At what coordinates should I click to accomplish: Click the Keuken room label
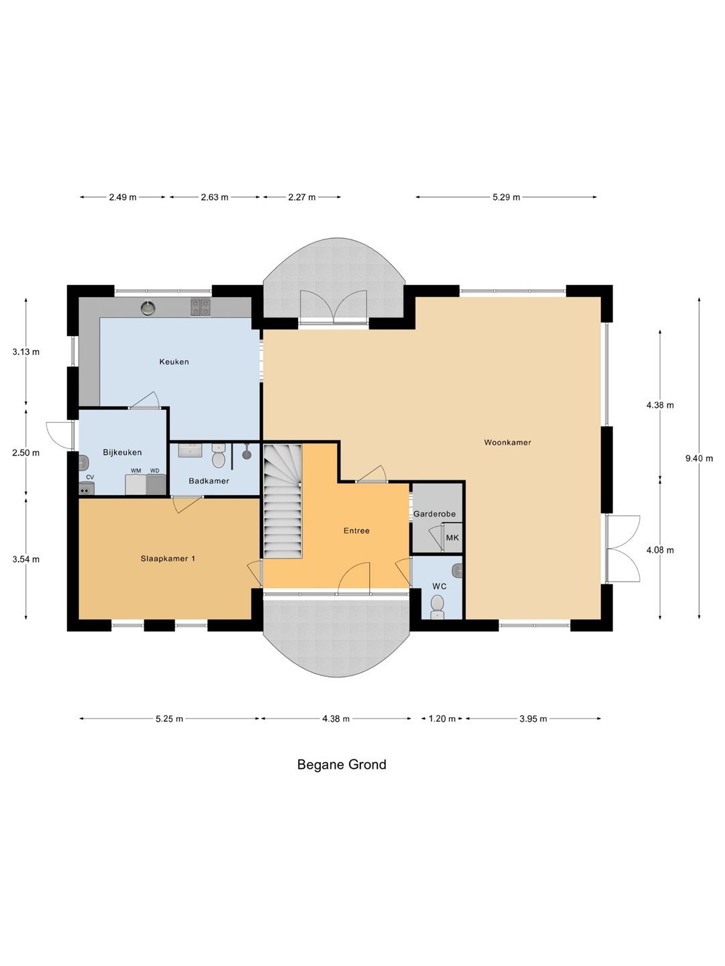pos(174,362)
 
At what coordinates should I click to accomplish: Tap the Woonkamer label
pos(507,442)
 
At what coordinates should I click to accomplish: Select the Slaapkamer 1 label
pos(168,559)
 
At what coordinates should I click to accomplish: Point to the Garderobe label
pos(434,514)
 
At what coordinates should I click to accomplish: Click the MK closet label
pos(452,537)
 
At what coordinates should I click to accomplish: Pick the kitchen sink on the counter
pos(148,308)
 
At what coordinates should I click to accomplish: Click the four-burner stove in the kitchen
pos(201,307)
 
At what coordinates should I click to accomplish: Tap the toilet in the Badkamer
pos(219,455)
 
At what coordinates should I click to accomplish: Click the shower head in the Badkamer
pos(246,453)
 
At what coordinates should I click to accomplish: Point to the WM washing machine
pos(136,484)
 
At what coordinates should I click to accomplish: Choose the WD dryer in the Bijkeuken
pos(156,484)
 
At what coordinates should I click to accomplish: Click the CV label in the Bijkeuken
pos(90,477)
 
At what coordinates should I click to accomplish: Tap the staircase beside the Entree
pos(283,501)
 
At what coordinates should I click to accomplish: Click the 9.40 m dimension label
pos(699,458)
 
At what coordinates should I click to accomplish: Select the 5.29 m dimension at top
pos(506,197)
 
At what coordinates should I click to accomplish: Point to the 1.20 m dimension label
pos(442,718)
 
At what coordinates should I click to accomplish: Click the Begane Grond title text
pos(342,765)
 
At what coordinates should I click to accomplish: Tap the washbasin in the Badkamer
pos(190,451)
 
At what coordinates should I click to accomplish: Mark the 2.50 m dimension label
pos(26,452)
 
